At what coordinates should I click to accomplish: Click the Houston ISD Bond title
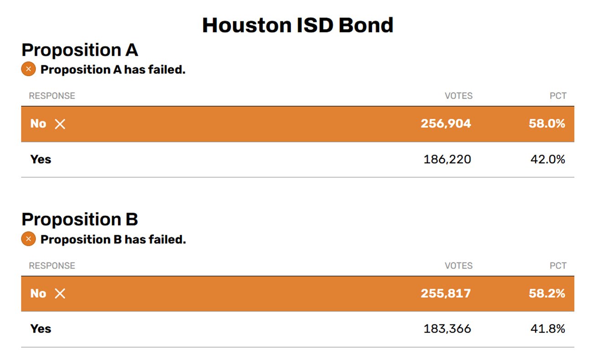point(297,26)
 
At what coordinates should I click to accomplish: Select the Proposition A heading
point(80,50)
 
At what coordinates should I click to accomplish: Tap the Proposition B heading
point(80,219)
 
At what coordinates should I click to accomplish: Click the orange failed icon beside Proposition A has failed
point(28,69)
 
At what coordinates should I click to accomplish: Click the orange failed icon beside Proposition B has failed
point(28,239)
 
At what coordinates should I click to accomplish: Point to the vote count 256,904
point(446,124)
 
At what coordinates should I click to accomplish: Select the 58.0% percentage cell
point(547,124)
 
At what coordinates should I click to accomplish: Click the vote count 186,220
point(447,159)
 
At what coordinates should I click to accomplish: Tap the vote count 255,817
point(446,293)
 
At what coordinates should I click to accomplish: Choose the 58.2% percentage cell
point(547,293)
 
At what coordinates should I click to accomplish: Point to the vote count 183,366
point(447,329)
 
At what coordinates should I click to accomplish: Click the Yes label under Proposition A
point(41,159)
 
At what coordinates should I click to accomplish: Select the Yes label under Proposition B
point(41,329)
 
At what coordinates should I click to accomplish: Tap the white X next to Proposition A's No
point(60,124)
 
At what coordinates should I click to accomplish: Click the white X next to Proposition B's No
point(60,294)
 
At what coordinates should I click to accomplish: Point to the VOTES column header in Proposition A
point(458,96)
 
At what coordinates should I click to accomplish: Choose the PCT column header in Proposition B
point(558,266)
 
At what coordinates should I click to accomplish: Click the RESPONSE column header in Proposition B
point(52,266)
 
